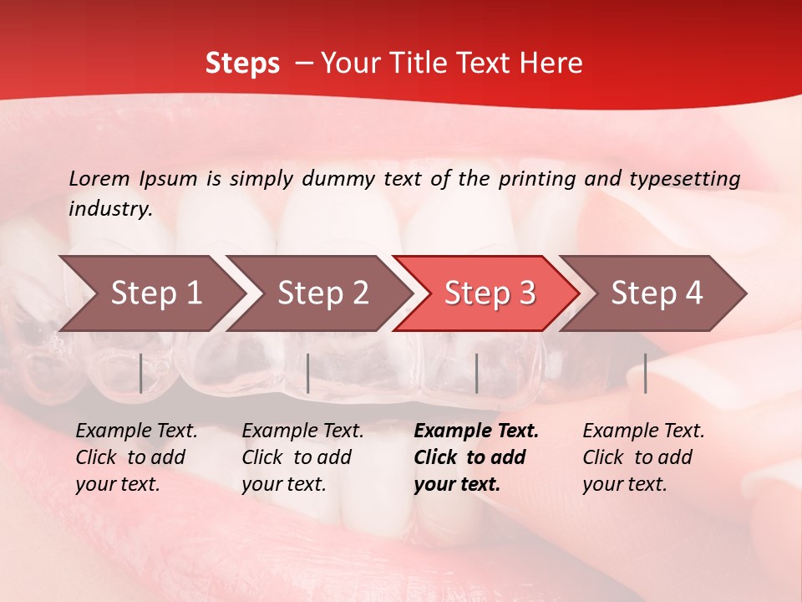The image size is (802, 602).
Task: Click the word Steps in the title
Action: click(x=242, y=64)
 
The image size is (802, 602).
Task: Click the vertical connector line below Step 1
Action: click(x=141, y=373)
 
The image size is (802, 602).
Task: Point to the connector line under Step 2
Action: click(x=308, y=373)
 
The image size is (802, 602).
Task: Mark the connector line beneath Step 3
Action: click(x=476, y=373)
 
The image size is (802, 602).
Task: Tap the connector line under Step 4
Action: click(x=646, y=373)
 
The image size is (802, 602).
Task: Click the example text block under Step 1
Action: click(x=136, y=457)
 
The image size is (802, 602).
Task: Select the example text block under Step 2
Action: click(x=302, y=457)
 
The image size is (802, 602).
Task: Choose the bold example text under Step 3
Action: click(x=476, y=457)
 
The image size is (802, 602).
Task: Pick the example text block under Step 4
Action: click(x=643, y=457)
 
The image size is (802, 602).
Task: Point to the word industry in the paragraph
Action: click(x=109, y=209)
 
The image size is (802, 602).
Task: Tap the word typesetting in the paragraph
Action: click(x=684, y=179)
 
